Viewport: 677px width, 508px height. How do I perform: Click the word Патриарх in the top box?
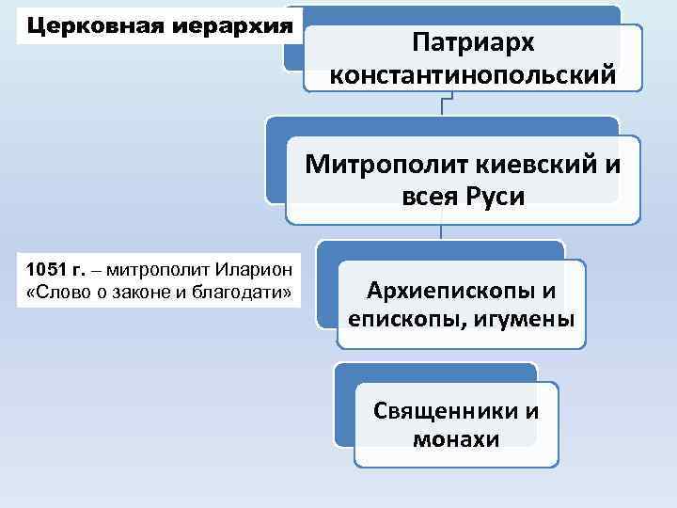472,43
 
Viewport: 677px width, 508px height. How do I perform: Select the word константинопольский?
473,73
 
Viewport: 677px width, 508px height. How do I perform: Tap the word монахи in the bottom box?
456,439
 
